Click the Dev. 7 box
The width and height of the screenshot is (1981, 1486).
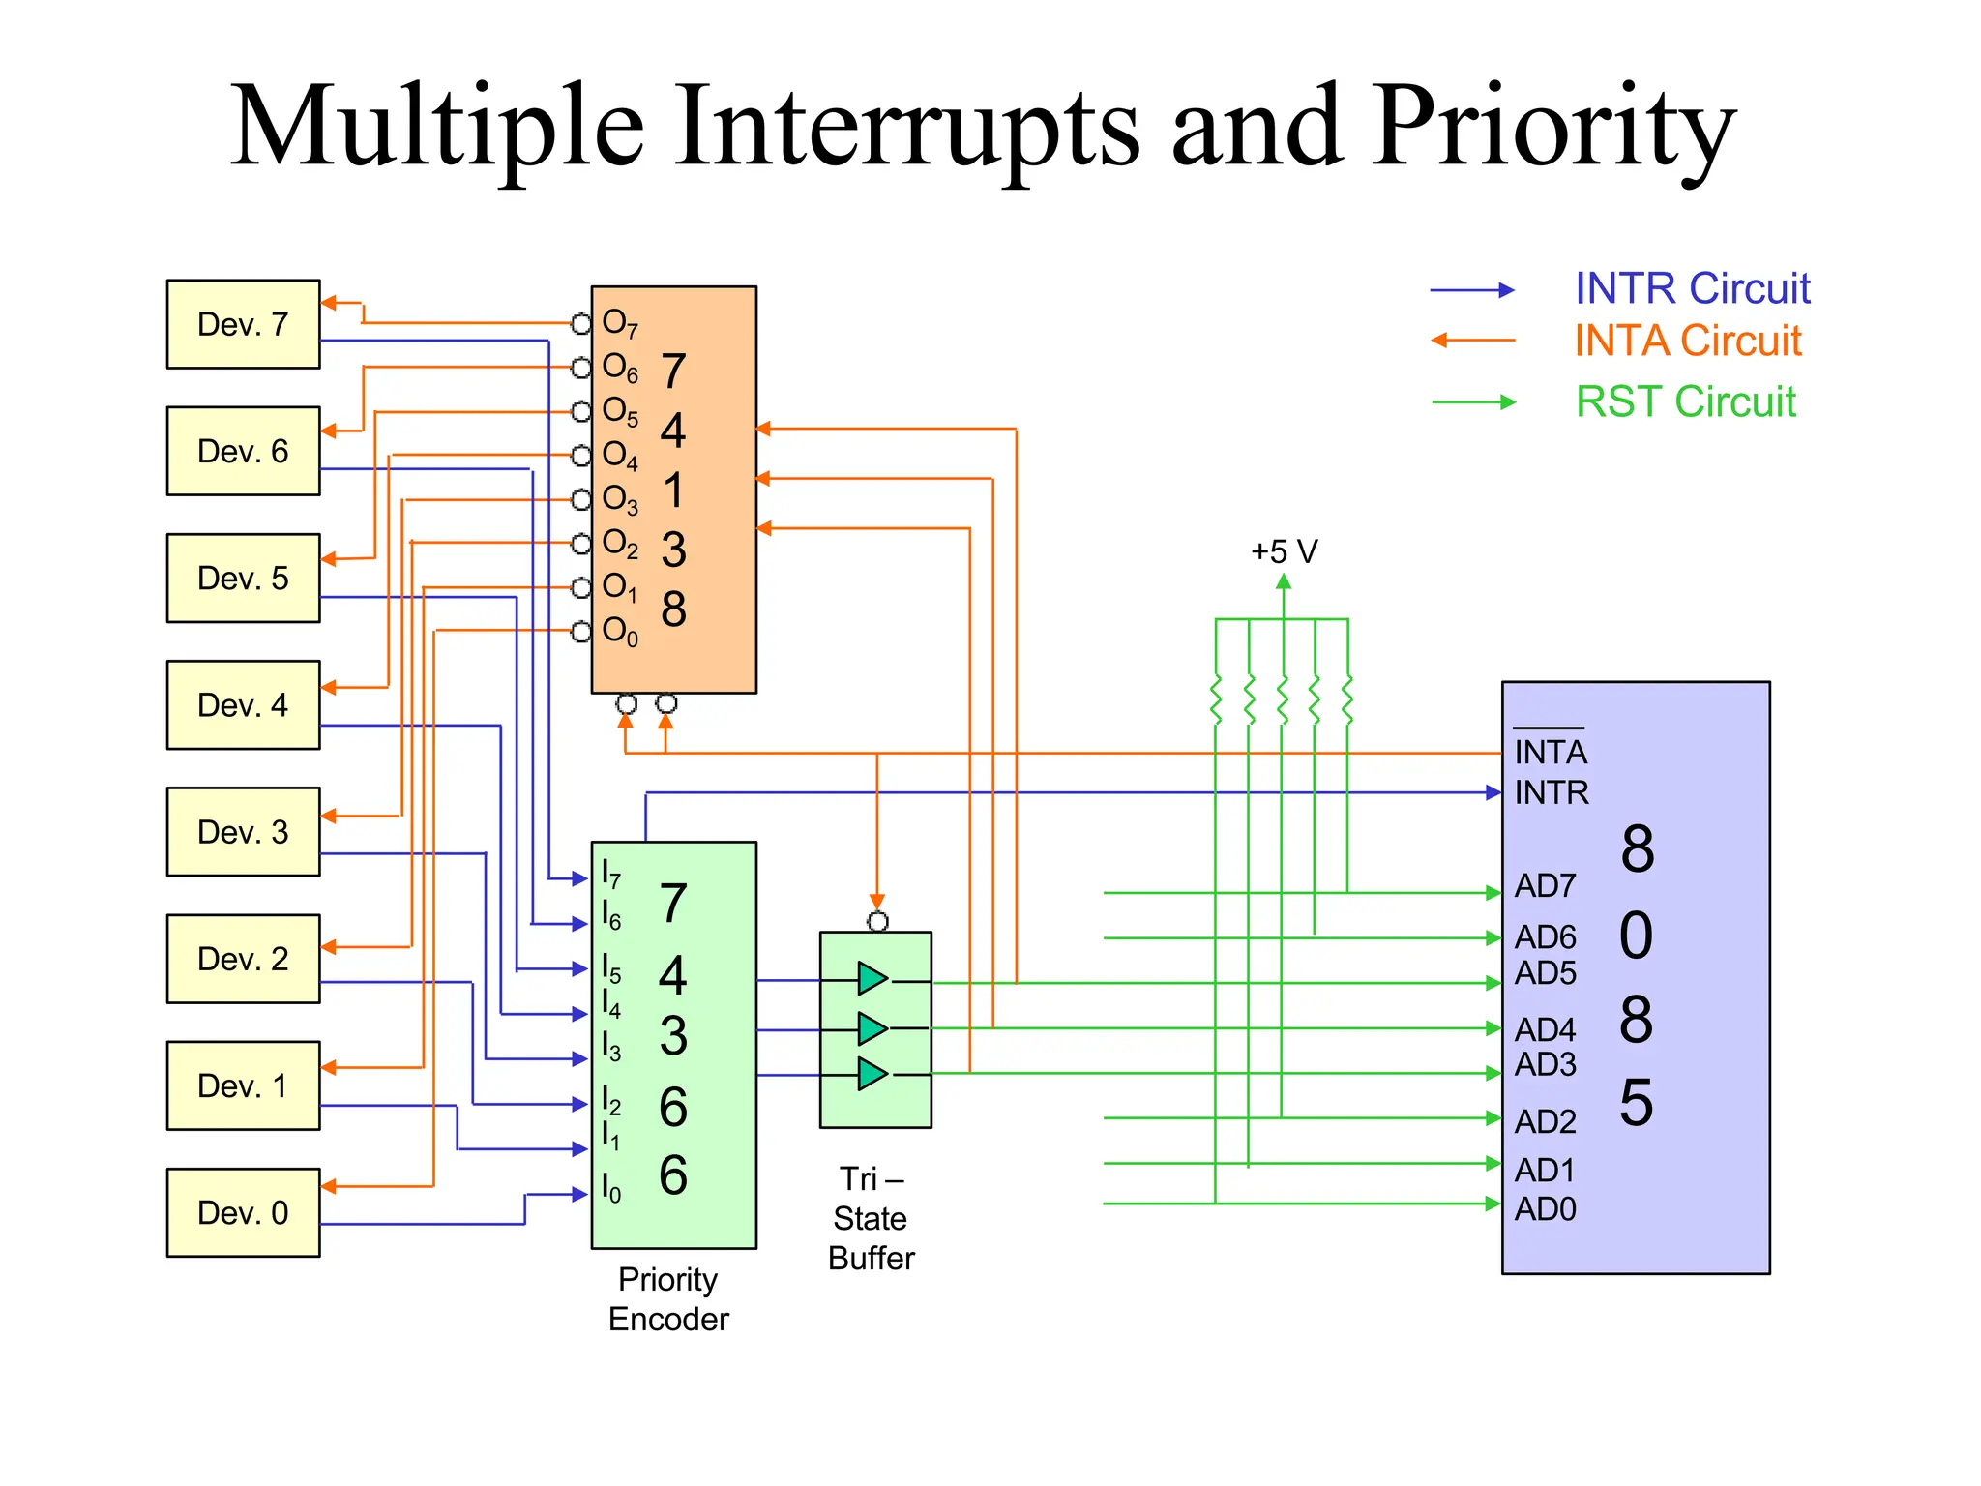[243, 324]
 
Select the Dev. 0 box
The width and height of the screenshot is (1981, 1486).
[243, 1212]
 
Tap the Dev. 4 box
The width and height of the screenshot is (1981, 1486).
[243, 704]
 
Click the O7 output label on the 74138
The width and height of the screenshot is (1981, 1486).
[619, 323]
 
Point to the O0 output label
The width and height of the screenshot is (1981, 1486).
[619, 631]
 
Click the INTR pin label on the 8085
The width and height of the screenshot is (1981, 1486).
[1551, 793]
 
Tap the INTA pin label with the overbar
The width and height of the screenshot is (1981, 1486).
[1550, 752]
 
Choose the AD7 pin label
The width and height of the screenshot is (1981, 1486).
[1545, 885]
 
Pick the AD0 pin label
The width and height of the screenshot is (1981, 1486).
[1545, 1209]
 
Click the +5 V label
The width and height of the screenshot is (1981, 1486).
[1284, 551]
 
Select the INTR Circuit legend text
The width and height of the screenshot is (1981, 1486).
[1692, 288]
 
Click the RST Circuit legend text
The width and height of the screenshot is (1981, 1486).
[1685, 401]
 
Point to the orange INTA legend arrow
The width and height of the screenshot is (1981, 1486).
[1472, 341]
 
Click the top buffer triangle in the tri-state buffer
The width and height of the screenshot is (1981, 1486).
[872, 978]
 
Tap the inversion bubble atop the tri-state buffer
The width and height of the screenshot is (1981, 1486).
[877, 921]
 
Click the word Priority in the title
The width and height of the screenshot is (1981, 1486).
[1553, 126]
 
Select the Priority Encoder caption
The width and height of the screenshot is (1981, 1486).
[668, 1299]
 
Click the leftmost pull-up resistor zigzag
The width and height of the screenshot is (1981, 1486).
[1216, 700]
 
